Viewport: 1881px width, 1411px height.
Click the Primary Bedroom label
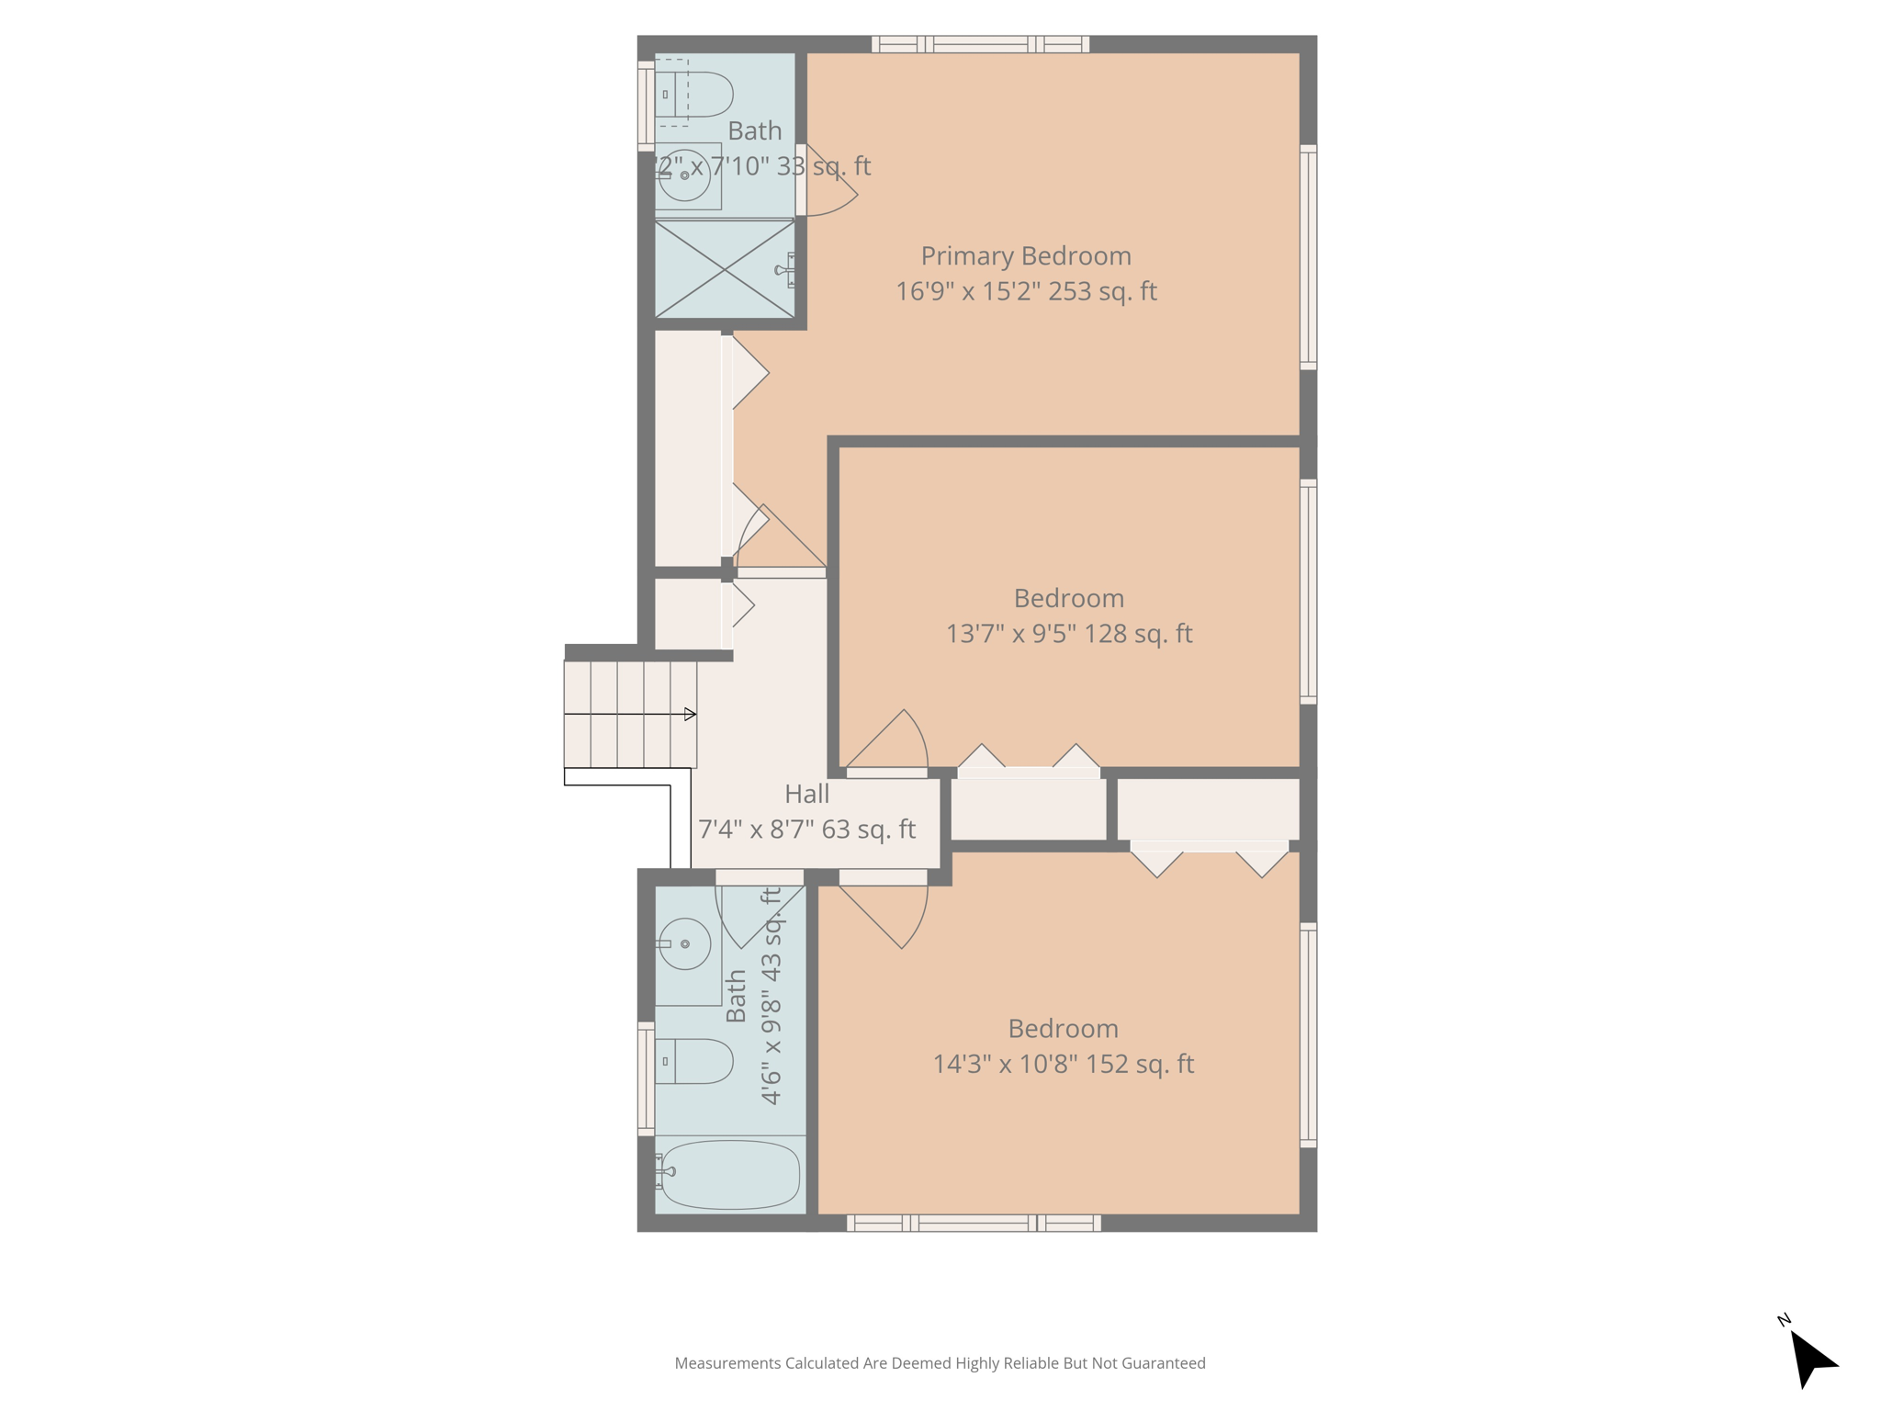click(x=1026, y=255)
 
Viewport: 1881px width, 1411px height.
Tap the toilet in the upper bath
click(x=698, y=94)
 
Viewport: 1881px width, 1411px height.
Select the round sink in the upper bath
click(x=684, y=175)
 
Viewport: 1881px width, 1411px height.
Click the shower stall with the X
click(x=724, y=269)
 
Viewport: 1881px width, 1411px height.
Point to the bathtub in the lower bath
click(x=729, y=1174)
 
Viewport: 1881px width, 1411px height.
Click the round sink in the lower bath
click(x=685, y=943)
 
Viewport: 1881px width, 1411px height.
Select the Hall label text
click(x=806, y=794)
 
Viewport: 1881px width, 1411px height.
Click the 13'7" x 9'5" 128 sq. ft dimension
click(x=1069, y=634)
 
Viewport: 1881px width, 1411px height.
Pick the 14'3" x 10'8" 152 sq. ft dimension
click(x=1063, y=1064)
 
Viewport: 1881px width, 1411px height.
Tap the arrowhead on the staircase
click(x=690, y=714)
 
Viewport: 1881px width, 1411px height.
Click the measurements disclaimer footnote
click(x=940, y=1363)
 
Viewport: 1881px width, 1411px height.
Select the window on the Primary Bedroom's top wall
click(x=980, y=44)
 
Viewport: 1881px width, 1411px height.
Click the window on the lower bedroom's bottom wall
click(x=974, y=1223)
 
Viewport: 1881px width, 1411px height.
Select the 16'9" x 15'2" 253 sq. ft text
click(x=1026, y=291)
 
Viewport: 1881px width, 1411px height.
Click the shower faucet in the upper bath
click(x=786, y=270)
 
